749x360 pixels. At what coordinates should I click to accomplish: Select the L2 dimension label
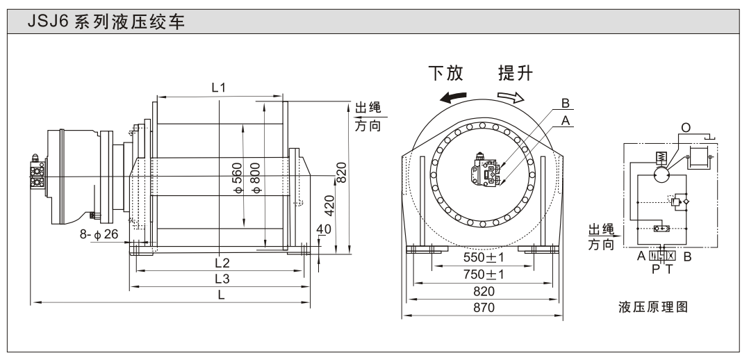(x=222, y=263)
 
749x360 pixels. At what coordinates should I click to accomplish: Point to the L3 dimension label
(x=222, y=278)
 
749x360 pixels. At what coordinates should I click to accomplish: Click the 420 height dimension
(x=330, y=207)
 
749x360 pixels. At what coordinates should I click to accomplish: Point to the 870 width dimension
(x=484, y=308)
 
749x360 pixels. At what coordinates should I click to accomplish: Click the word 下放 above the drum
(x=445, y=73)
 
